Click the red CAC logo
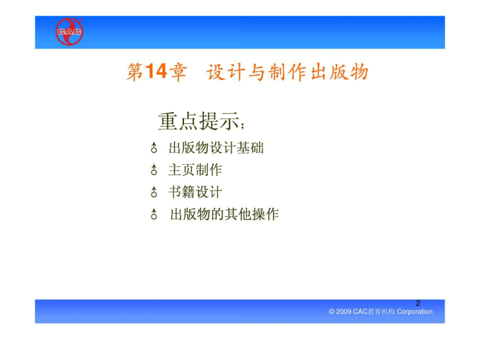click(x=69, y=31)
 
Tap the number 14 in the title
click(x=156, y=71)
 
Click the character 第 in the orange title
click(x=135, y=72)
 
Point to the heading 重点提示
click(x=198, y=121)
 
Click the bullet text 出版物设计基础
click(x=216, y=148)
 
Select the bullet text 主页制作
click(x=195, y=170)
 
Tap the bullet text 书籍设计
click(x=195, y=192)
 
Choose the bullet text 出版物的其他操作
click(x=225, y=214)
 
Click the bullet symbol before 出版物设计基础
click(x=154, y=148)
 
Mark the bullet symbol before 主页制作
click(x=154, y=170)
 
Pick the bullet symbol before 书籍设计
click(x=154, y=192)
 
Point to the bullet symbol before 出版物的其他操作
click(x=154, y=214)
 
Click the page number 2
click(x=418, y=303)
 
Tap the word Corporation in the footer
click(x=414, y=311)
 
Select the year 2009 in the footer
click(x=343, y=311)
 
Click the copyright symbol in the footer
click(x=332, y=311)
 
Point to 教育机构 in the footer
click(x=381, y=311)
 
